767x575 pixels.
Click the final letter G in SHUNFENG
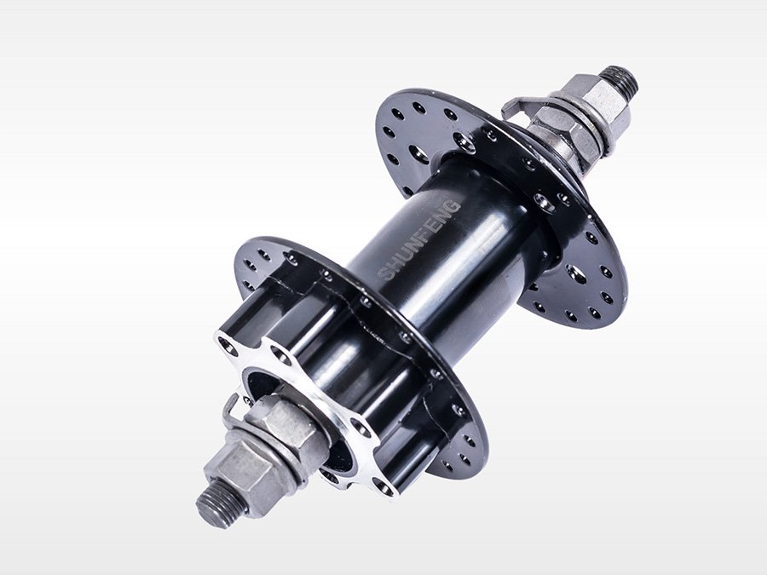tap(454, 204)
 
